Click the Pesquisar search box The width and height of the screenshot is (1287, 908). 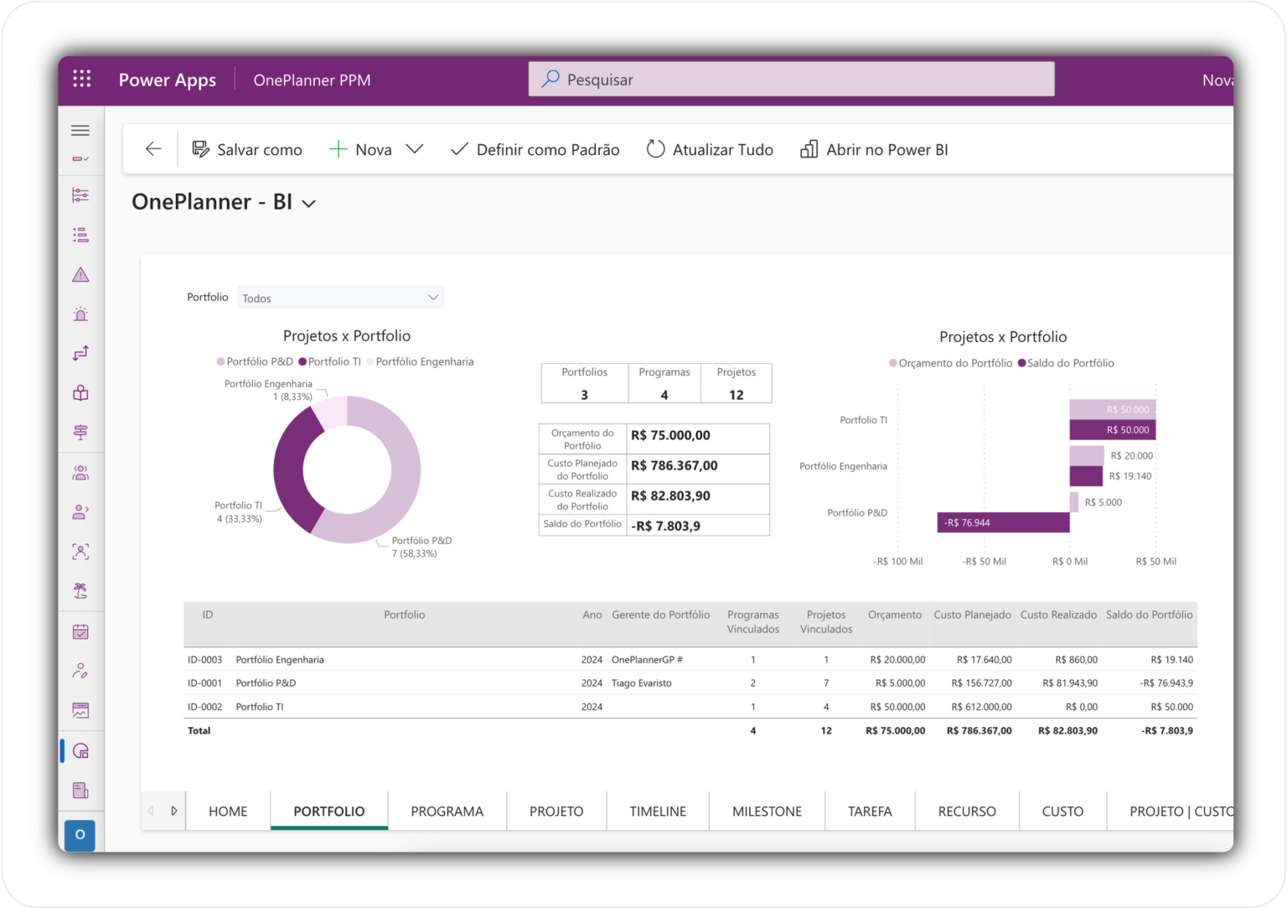791,80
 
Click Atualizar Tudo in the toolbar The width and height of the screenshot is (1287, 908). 710,150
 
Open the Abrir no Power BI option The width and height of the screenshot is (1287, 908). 875,150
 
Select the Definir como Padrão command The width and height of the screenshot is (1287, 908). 535,150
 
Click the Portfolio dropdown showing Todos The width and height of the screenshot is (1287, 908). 340,298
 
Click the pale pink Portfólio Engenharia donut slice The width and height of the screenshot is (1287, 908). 330,412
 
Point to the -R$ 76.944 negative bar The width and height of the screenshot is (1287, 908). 1003,522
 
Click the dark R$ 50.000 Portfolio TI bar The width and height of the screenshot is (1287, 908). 1112,430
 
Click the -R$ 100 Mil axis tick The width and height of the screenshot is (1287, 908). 897,562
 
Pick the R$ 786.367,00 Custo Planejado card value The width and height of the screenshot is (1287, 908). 675,466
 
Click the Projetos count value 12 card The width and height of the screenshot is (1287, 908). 736,395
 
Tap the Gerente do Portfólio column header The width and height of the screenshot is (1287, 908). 660,615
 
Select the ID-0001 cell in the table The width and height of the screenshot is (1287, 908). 205,683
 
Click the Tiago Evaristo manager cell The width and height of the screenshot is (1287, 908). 642,683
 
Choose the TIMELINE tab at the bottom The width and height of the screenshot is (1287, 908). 658,812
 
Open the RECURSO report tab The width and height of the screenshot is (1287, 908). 967,812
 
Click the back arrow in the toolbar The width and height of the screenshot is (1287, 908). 153,149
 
